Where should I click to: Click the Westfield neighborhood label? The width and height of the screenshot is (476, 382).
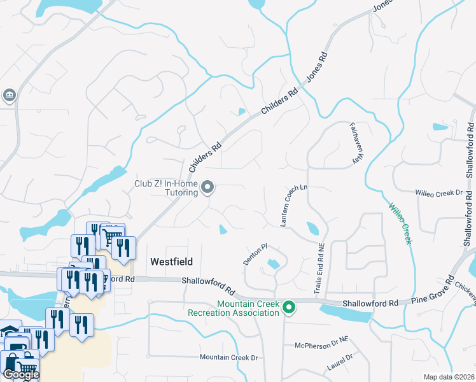[x=171, y=262]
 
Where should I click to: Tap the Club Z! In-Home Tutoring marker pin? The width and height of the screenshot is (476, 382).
[x=207, y=187]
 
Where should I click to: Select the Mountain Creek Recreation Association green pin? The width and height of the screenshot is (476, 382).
[x=289, y=308]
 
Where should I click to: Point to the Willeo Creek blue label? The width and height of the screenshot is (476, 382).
[x=400, y=222]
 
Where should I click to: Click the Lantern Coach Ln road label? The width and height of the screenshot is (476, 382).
[x=294, y=206]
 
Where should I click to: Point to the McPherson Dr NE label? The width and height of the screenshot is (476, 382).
[x=321, y=345]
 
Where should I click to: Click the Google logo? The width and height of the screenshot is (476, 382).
[x=20, y=374]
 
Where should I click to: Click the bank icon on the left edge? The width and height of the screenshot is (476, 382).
[x=10, y=96]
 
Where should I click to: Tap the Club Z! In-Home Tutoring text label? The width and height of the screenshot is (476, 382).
[x=166, y=188]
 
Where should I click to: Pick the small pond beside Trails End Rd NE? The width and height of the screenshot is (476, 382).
[x=313, y=228]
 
